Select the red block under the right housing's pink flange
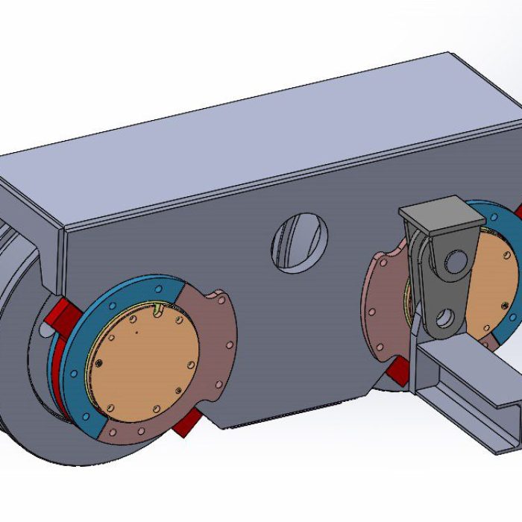click(x=397, y=371)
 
